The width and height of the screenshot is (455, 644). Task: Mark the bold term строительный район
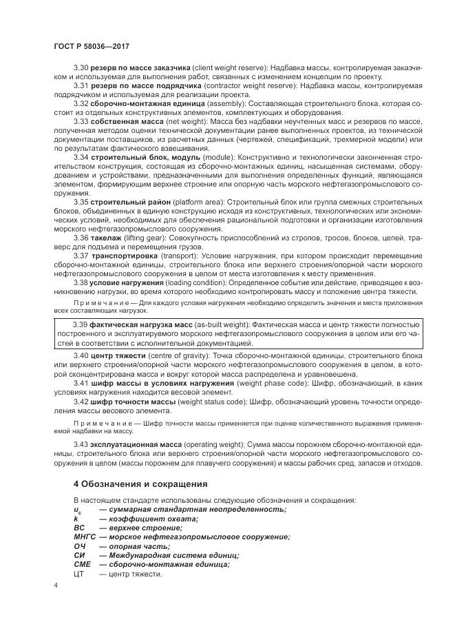(126, 202)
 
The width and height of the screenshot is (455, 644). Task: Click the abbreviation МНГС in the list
(85, 537)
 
